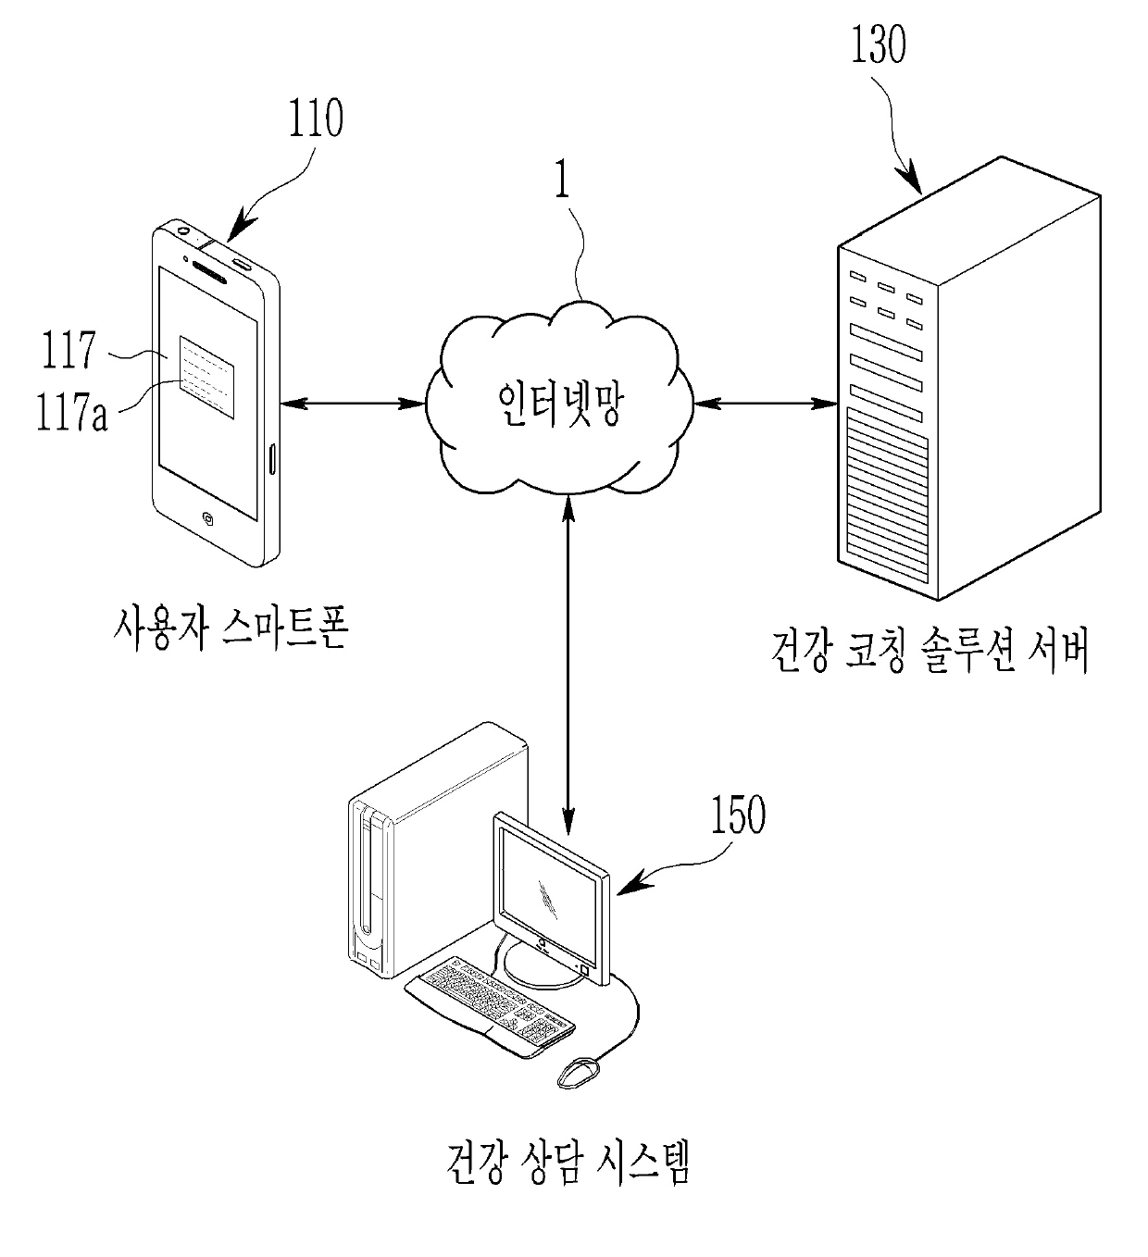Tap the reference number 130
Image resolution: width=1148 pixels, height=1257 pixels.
click(x=879, y=44)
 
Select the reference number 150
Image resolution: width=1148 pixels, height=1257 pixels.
click(x=738, y=814)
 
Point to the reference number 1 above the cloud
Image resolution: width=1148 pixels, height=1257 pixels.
click(x=563, y=180)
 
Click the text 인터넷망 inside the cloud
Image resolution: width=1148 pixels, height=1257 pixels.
click(x=560, y=404)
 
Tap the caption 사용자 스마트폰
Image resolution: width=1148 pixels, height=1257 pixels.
click(x=231, y=628)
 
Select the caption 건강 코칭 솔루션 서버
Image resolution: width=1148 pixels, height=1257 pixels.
click(x=930, y=651)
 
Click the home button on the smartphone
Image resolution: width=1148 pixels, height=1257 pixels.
click(x=207, y=517)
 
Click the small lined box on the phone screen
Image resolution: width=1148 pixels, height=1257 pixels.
click(x=206, y=378)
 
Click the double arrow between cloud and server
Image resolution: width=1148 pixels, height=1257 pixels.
click(x=766, y=404)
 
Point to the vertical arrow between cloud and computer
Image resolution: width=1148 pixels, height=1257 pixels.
click(x=568, y=665)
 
